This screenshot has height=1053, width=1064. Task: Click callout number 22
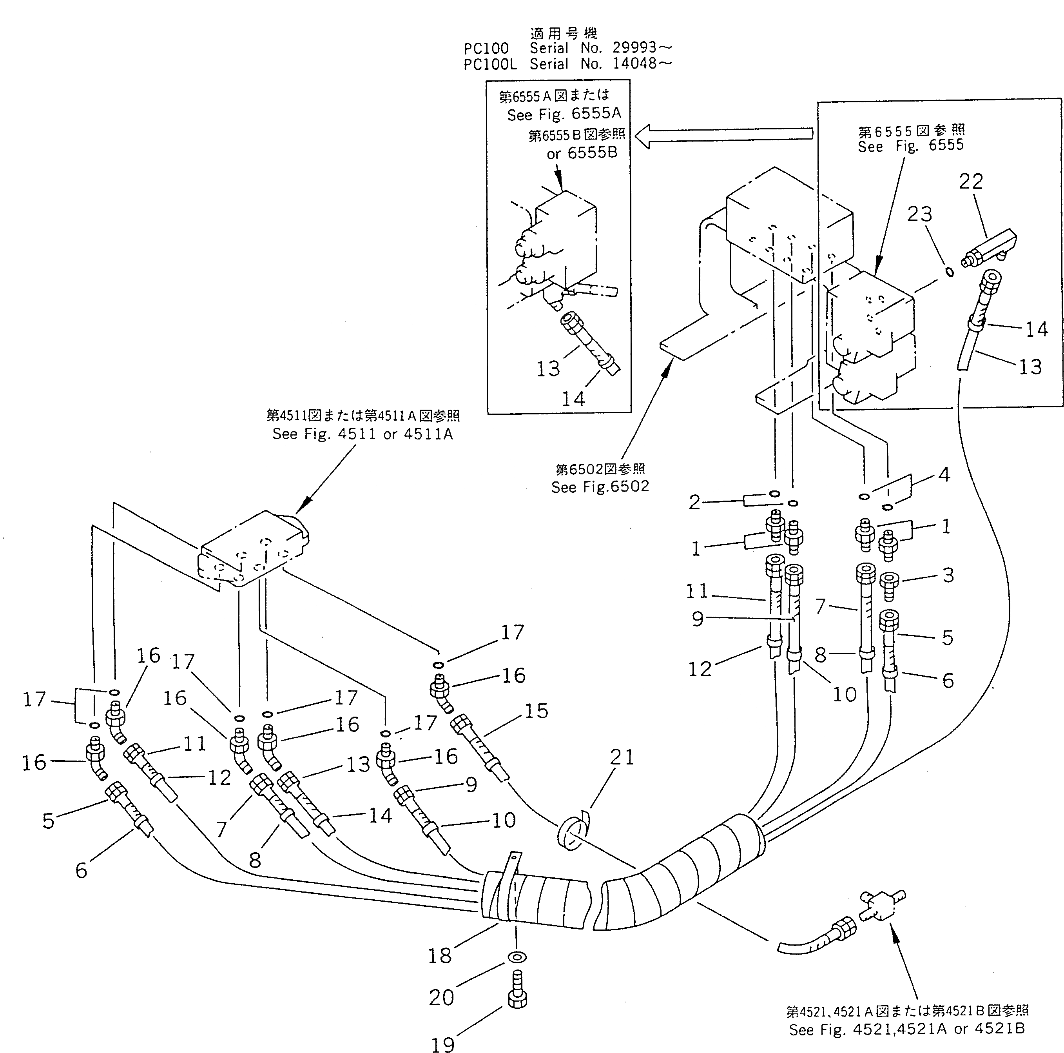pos(970,181)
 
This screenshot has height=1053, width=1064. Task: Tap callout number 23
pos(919,214)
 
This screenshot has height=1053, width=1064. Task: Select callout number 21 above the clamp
pos(622,757)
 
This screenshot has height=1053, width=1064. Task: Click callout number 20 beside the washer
pos(441,997)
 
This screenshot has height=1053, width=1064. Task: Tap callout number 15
pos(536,711)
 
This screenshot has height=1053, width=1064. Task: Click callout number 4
pos(944,474)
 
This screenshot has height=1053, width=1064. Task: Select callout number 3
pos(948,575)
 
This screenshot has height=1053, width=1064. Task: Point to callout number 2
pos(694,502)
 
